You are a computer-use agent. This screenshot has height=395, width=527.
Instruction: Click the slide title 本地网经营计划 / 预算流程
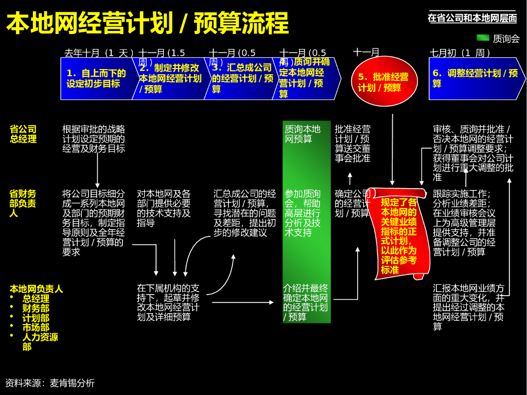pos(147,23)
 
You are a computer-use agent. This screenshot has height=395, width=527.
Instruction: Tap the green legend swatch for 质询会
pos(483,38)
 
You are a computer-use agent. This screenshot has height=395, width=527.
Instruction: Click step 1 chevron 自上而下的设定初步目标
pos(96,78)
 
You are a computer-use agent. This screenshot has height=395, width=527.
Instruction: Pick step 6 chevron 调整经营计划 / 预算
pos(475,78)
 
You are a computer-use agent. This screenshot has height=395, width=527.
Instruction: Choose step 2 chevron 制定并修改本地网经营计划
pos(170,78)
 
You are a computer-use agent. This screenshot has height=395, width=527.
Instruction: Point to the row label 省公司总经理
pos(23,134)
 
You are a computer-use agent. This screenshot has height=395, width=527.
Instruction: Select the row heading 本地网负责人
pos(36,289)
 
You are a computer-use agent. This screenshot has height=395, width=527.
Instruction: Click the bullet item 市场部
pos(36,328)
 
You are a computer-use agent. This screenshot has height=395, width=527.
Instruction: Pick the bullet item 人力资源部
pos(40,342)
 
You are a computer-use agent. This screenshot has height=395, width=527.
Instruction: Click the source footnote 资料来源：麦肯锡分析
pos(50,383)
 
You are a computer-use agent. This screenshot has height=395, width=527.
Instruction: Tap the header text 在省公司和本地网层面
pos(472,18)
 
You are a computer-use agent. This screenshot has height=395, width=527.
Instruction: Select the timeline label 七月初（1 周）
pos(460,53)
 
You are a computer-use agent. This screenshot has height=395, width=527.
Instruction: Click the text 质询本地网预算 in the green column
pos(303,134)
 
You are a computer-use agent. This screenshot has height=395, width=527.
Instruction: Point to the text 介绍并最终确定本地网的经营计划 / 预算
pos(305,302)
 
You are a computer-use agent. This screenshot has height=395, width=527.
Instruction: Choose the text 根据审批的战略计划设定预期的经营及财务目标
pos(94,139)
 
